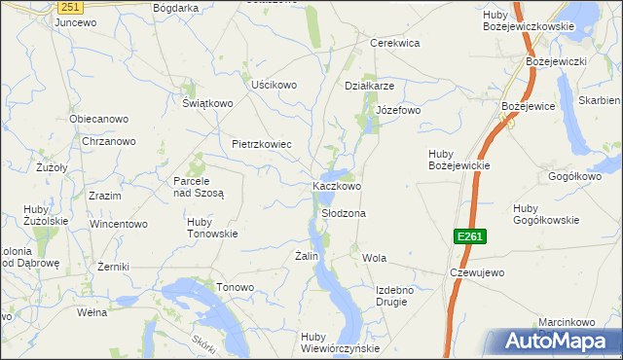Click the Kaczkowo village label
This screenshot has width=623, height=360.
tap(337, 185)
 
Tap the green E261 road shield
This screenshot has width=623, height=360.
tap(468, 236)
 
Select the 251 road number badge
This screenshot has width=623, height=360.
tap(68, 7)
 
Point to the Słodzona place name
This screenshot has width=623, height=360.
tap(343, 212)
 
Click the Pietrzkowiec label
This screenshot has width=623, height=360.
tap(262, 144)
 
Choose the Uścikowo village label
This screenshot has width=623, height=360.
tap(274, 85)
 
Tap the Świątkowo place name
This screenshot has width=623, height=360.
tap(208, 103)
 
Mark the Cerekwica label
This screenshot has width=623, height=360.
tap(394, 43)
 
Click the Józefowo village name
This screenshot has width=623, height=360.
tap(398, 110)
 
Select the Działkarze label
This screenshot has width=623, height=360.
tap(369, 85)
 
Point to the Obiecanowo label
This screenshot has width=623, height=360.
tap(98, 119)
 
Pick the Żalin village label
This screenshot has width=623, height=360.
tap(307, 255)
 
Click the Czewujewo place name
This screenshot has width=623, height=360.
tap(477, 272)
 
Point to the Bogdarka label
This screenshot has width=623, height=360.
tap(176, 8)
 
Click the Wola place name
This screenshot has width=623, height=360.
tap(374, 258)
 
